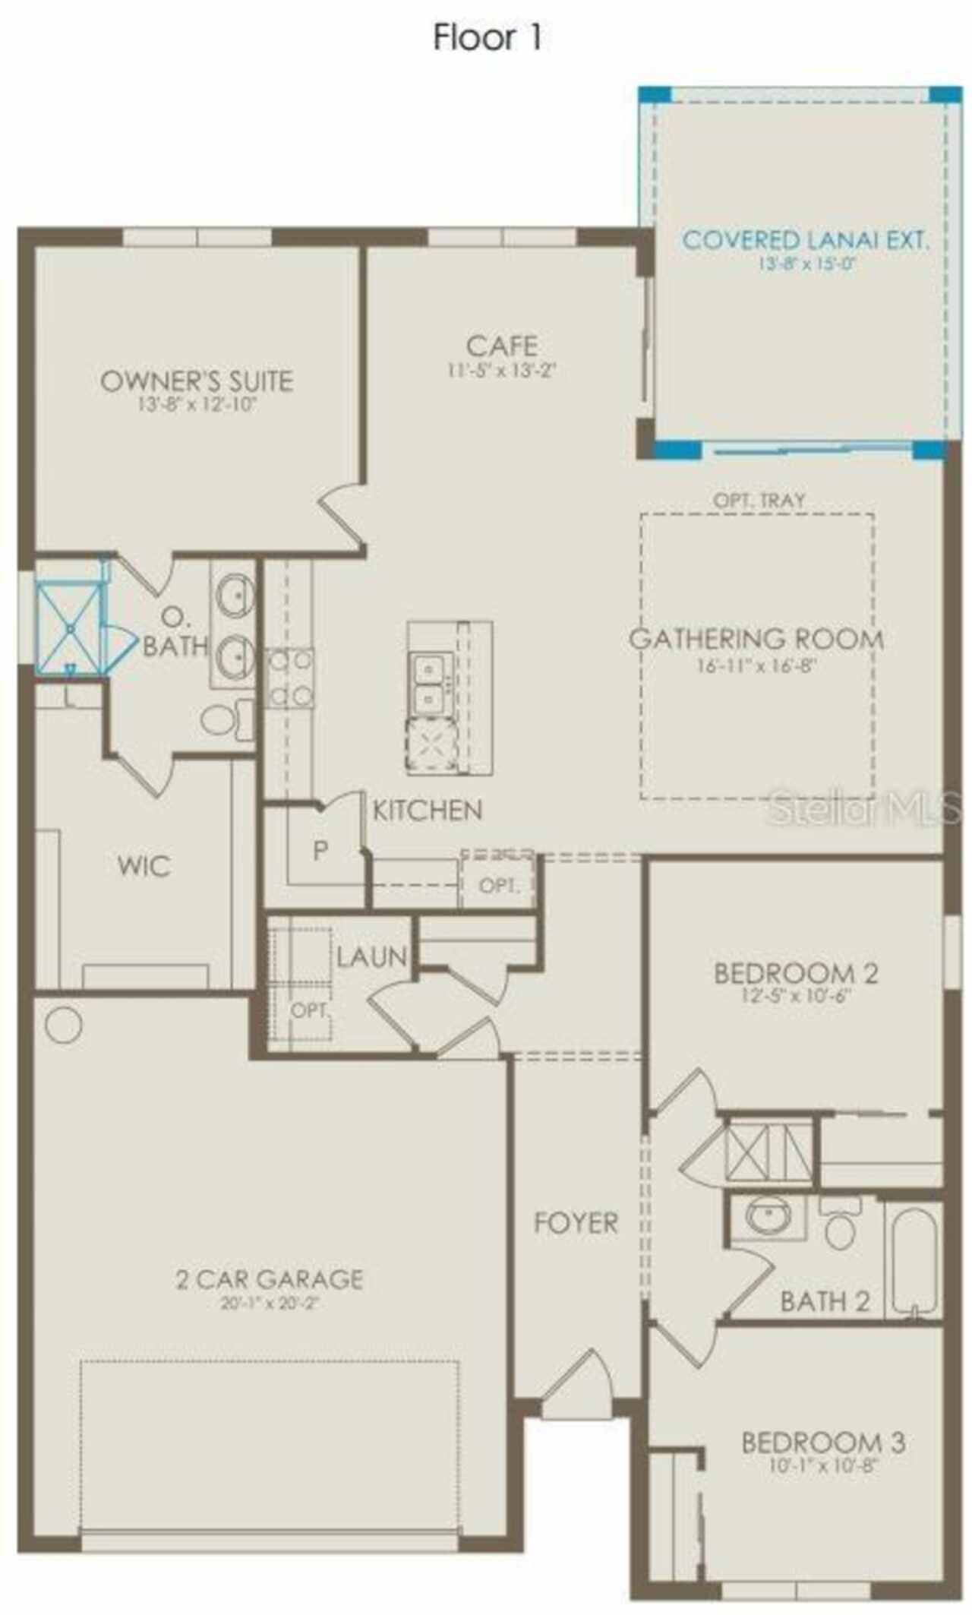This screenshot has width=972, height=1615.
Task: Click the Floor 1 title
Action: click(487, 37)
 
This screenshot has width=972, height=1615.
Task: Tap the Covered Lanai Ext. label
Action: click(805, 240)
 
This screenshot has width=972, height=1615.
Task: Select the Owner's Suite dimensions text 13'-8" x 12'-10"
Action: click(197, 404)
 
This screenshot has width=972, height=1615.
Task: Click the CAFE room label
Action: click(502, 346)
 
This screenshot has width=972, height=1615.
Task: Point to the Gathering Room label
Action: click(756, 639)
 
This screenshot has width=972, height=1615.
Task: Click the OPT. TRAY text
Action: click(759, 500)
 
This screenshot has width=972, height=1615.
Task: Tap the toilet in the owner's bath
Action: click(225, 718)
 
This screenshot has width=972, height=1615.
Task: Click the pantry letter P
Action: click(320, 851)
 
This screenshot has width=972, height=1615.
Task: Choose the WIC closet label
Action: click(144, 865)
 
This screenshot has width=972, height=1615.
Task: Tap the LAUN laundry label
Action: click(371, 956)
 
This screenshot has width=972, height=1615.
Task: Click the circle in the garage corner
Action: click(63, 1026)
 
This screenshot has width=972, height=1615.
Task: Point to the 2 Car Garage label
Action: click(270, 1279)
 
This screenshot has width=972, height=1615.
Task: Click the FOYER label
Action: click(575, 1223)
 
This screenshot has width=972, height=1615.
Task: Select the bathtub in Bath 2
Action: click(914, 1262)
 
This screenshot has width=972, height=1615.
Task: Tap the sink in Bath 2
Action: click(768, 1216)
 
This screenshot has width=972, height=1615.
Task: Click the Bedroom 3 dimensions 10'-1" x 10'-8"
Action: click(822, 1465)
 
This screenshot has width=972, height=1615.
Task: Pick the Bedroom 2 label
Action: click(796, 973)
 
